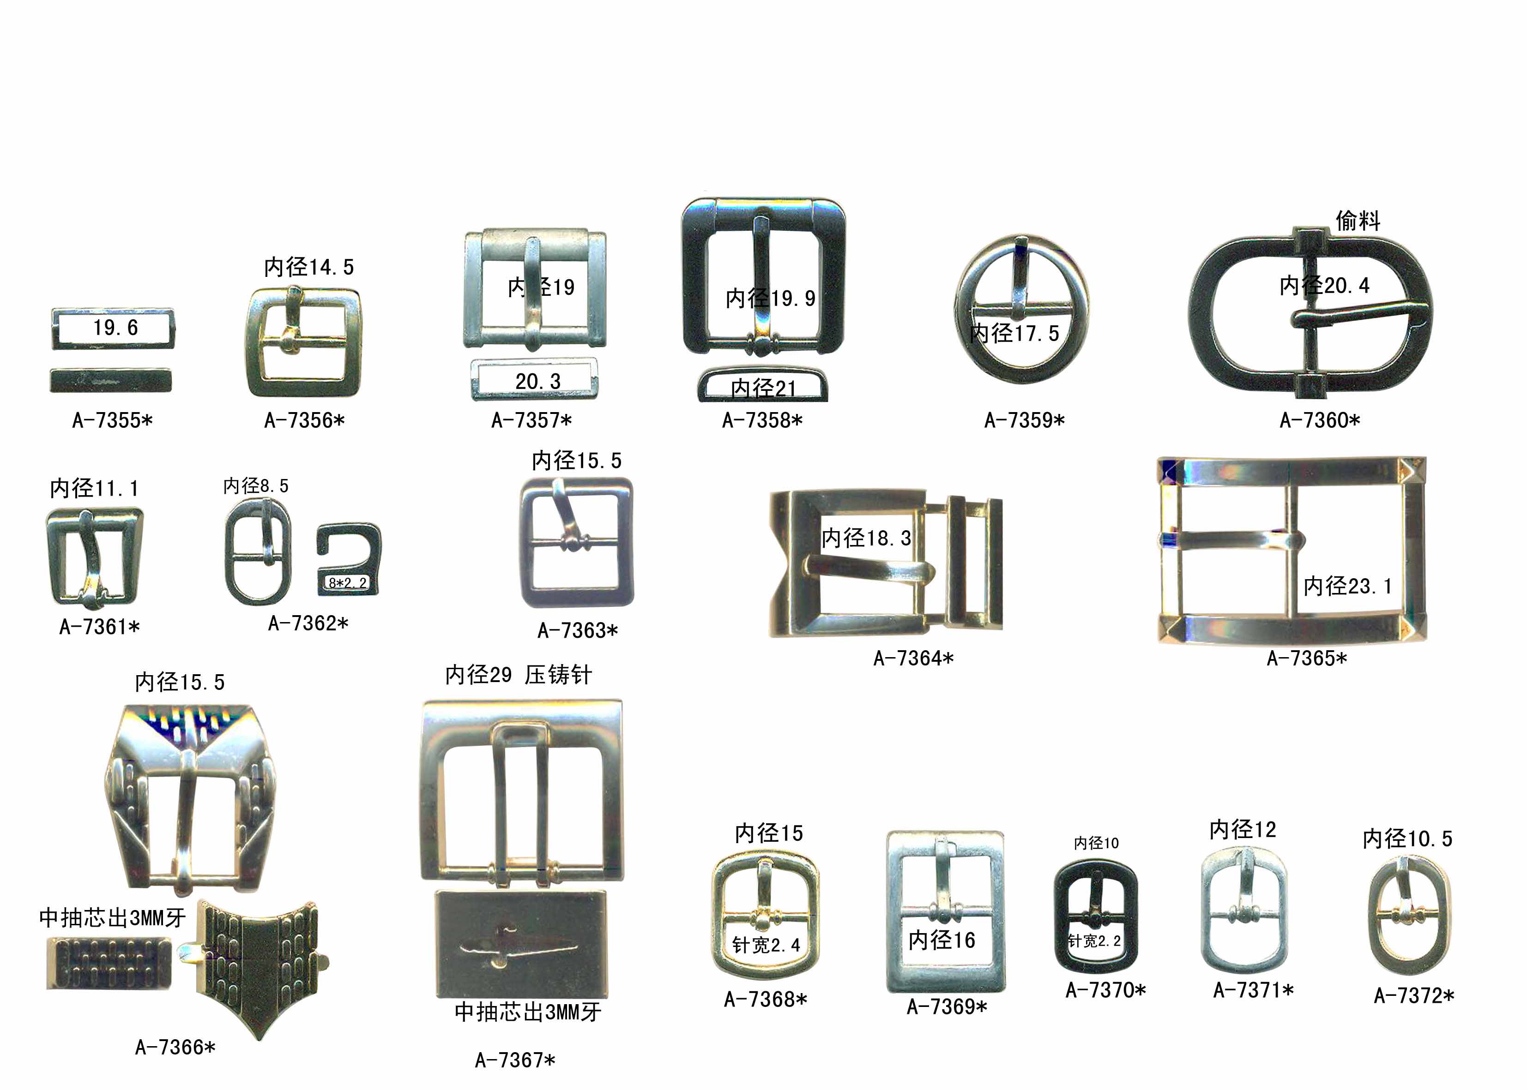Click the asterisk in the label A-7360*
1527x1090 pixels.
click(x=1354, y=421)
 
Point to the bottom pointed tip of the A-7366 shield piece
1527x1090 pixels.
click(x=260, y=1038)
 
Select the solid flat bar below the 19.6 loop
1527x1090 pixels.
click(x=111, y=381)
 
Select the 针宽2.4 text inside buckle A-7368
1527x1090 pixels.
click(x=766, y=945)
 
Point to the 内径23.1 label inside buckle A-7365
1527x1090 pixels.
click(x=1348, y=586)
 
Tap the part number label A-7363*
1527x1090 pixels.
click(x=578, y=631)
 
